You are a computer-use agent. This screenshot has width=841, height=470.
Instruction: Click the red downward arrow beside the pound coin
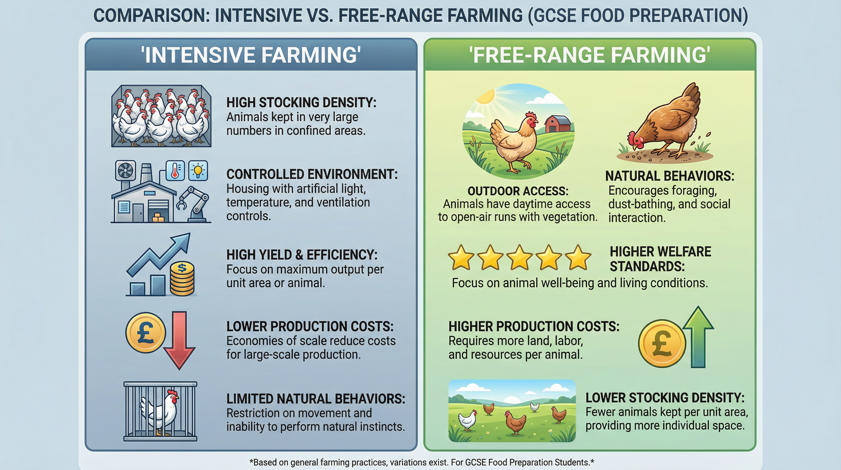(x=179, y=340)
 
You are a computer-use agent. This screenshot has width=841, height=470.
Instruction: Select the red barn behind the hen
(x=558, y=124)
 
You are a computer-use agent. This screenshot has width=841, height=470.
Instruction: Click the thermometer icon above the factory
(x=175, y=170)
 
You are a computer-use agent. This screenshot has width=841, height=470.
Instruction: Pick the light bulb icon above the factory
(x=198, y=170)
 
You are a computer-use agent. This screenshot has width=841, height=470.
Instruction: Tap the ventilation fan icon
(x=125, y=170)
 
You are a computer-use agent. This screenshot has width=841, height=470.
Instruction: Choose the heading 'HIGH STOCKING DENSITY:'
(x=301, y=103)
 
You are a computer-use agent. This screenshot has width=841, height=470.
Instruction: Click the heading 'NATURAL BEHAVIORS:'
(x=669, y=176)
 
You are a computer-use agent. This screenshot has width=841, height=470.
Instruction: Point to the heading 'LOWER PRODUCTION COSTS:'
(x=310, y=326)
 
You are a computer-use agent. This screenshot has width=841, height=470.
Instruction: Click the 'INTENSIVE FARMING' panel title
(x=251, y=55)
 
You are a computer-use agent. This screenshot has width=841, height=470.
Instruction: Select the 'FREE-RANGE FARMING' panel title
(x=589, y=55)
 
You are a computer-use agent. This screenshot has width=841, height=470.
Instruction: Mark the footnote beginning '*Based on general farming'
(x=421, y=462)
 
